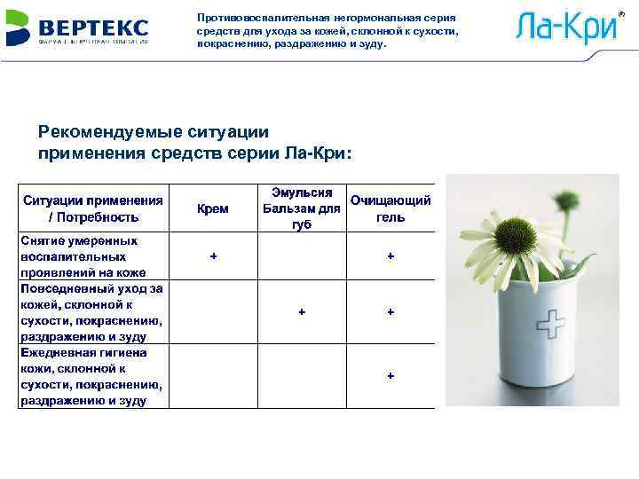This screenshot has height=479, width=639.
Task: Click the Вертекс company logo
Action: point(77,28)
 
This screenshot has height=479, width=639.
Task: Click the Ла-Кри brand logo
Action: point(565,28)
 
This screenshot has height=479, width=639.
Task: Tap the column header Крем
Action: point(212,208)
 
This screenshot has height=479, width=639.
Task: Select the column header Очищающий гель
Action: point(390,208)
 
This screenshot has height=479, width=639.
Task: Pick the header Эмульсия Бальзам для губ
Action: point(302,208)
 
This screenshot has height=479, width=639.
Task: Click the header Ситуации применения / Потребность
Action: point(93,208)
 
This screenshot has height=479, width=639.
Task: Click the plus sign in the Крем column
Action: point(212,255)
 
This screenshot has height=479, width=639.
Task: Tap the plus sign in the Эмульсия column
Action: point(302,312)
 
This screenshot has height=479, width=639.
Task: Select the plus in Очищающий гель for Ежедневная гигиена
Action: point(390,376)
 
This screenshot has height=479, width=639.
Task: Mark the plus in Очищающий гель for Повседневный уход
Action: point(390,312)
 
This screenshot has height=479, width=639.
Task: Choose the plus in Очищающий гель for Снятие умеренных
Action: point(390,255)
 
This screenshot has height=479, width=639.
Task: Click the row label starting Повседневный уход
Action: point(92,312)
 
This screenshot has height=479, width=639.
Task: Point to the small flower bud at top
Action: point(563,199)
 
